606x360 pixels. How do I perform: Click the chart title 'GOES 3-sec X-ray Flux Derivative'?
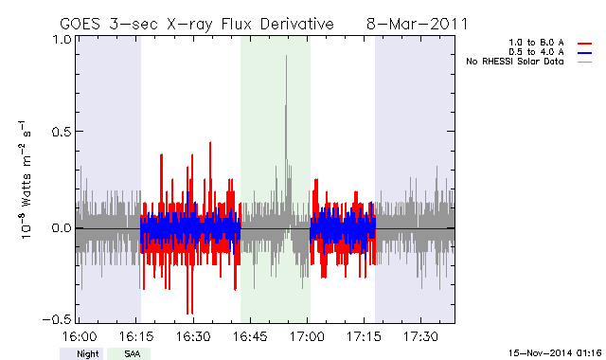tap(197, 25)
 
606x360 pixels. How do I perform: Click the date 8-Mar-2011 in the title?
tap(417, 24)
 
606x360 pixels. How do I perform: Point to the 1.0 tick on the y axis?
tap(62, 40)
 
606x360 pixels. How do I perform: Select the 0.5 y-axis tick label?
tap(62, 132)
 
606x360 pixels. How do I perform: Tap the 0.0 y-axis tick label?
tap(62, 227)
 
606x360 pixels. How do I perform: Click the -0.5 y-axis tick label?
tap(57, 319)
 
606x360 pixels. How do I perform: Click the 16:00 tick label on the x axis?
tap(80, 336)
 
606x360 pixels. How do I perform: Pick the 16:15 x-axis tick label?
tap(136, 336)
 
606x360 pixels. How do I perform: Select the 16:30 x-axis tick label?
tap(193, 336)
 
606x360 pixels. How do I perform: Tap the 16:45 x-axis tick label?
tap(250, 336)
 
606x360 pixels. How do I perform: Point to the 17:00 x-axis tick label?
tap(307, 336)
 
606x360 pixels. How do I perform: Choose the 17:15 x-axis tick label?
tap(364, 336)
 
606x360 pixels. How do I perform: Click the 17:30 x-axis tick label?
tap(420, 336)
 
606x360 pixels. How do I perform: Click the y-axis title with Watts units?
tap(26, 179)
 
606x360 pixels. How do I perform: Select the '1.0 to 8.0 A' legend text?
tap(536, 43)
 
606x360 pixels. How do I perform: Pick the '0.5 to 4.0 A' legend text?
tap(536, 52)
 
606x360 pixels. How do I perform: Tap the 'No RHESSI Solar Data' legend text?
tap(515, 62)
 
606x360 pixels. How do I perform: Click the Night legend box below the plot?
tap(81, 353)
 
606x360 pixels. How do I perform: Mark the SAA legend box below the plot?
tap(129, 353)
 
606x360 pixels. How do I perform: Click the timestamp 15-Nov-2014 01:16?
tap(555, 353)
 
